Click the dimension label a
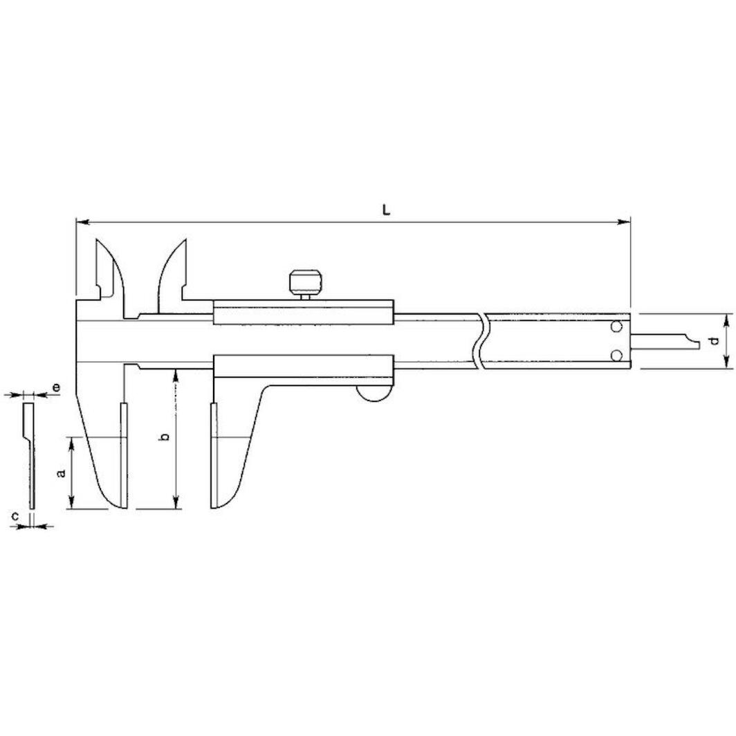(x=61, y=473)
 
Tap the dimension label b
(x=164, y=437)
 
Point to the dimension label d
(x=712, y=341)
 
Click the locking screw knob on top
(x=304, y=282)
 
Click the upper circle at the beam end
(x=617, y=326)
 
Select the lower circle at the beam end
(x=617, y=355)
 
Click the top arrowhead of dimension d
(x=726, y=318)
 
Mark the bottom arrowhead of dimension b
(x=177, y=505)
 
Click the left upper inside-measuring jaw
(x=108, y=270)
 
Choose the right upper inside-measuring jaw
(x=173, y=270)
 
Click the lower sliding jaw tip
(x=218, y=502)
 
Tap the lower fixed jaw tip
(x=118, y=502)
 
